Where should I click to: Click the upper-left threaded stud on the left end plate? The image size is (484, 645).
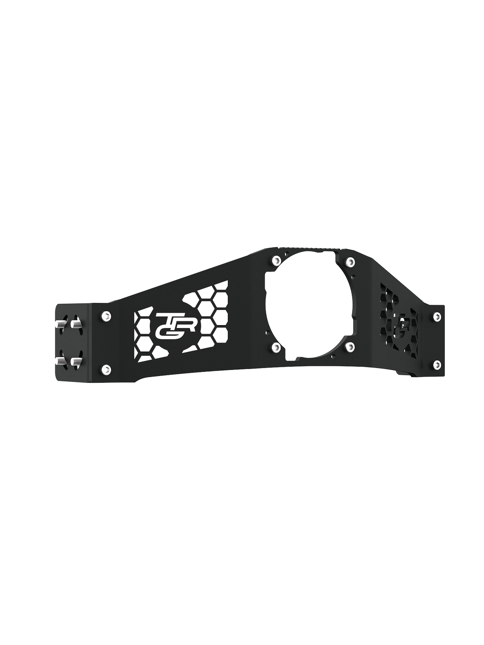point(60,325)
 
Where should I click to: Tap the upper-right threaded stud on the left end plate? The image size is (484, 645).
point(75,325)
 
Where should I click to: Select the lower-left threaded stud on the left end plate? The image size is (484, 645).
point(60,361)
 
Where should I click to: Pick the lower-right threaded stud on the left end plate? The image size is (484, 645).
point(75,361)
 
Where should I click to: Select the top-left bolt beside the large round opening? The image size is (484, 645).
point(276,260)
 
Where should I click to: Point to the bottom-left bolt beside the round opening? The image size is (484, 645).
point(276,347)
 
